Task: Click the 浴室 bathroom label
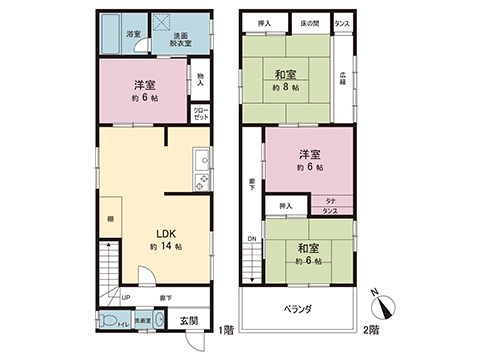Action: (133, 34)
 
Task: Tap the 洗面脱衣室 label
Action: (181, 41)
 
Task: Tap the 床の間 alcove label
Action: (311, 20)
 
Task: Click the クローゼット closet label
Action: (201, 114)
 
